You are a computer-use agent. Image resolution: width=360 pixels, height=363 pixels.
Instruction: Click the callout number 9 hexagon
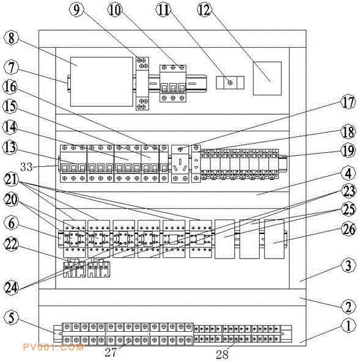[76, 10]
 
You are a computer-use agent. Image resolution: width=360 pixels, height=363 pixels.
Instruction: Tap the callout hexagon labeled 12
[204, 10]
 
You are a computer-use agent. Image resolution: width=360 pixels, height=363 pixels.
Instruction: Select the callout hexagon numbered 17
[348, 102]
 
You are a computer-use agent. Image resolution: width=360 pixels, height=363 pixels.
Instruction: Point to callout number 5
[11, 317]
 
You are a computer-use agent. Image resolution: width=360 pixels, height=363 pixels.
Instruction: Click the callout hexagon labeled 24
[11, 288]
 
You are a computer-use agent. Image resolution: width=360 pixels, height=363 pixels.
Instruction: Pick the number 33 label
[26, 167]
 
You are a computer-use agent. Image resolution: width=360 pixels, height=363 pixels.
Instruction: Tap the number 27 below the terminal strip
[111, 353]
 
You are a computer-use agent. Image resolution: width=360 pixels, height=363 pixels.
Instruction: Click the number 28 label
[222, 354]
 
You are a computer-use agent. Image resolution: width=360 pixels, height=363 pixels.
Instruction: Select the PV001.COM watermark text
[53, 347]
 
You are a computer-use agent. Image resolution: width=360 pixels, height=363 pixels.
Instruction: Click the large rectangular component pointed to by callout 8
[101, 82]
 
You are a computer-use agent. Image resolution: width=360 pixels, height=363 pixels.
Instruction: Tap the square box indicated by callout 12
[267, 78]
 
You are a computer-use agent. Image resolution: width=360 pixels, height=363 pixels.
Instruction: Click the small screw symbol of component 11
[230, 82]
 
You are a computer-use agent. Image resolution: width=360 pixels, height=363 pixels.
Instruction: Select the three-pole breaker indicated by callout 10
[173, 83]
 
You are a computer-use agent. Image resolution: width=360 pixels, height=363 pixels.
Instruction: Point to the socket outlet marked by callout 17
[180, 164]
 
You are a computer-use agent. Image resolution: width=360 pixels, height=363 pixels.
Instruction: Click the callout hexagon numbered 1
[348, 326]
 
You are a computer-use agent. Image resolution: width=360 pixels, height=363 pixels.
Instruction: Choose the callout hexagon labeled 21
[10, 180]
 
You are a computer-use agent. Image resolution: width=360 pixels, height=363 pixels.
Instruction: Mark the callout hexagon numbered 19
[348, 151]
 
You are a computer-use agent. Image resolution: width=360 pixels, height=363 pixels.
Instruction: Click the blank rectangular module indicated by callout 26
[274, 239]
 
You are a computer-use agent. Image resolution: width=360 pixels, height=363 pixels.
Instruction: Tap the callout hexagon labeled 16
[10, 87]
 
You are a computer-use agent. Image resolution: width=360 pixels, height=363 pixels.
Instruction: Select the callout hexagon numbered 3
[348, 266]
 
